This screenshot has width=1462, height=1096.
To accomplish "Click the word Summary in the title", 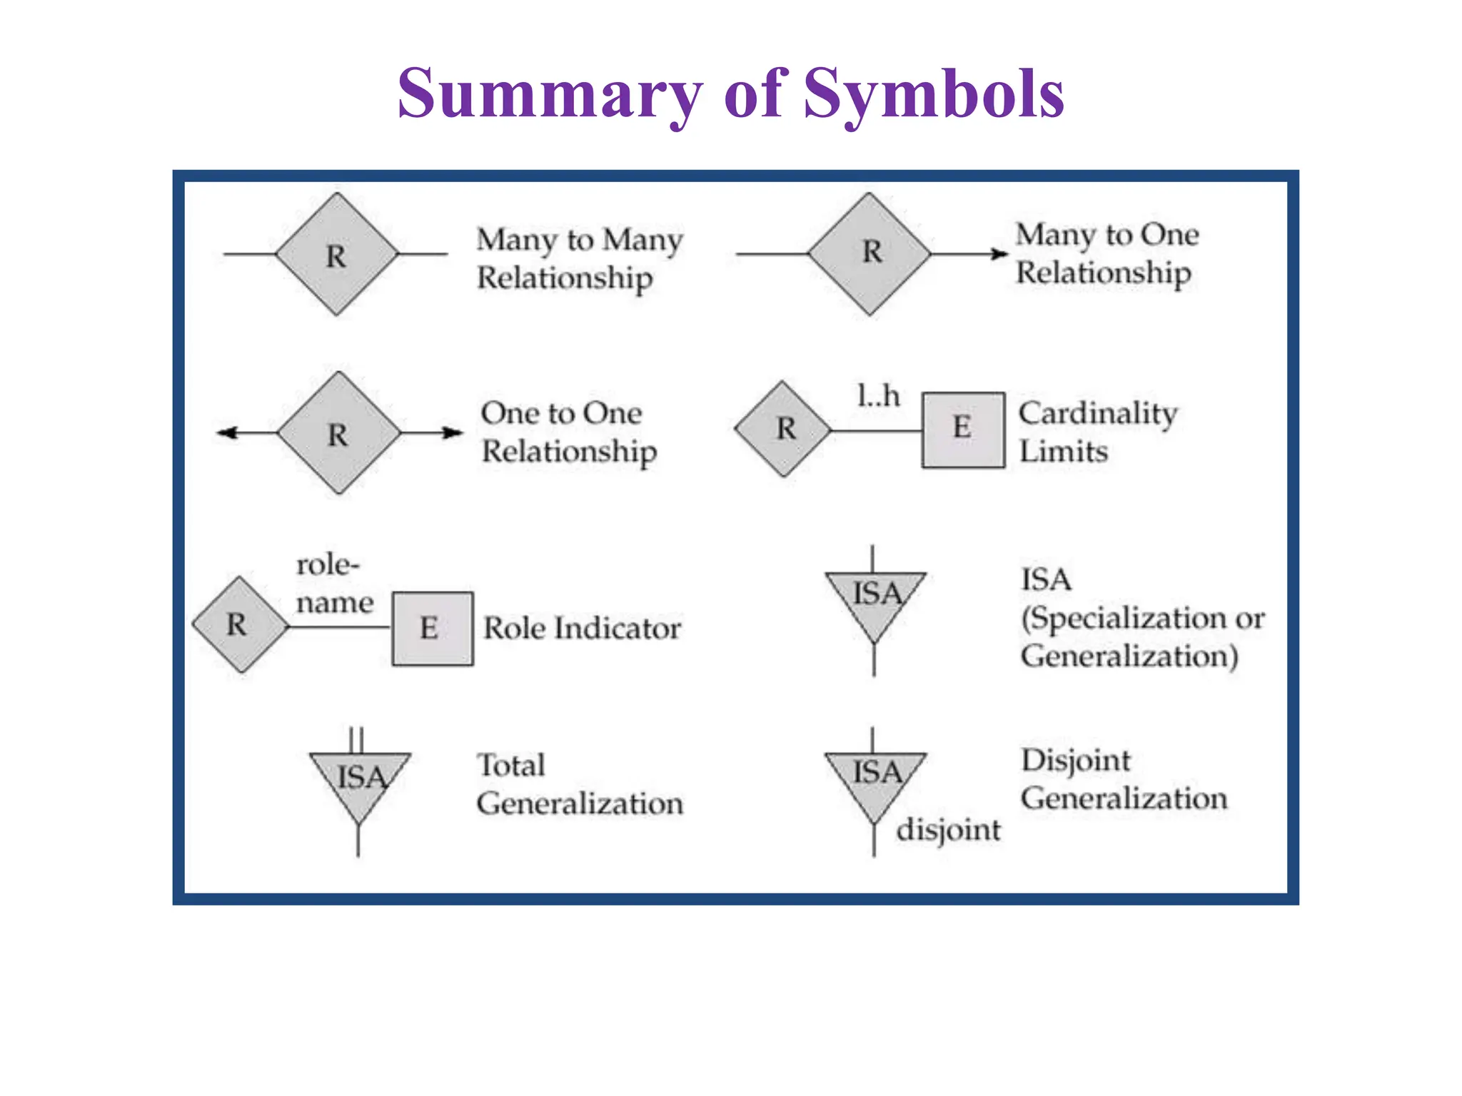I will (x=550, y=95).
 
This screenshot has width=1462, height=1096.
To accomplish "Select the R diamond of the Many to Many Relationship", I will (x=336, y=255).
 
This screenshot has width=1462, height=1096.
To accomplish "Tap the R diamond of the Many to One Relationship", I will (x=869, y=253).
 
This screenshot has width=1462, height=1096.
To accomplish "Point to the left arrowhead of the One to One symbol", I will (x=227, y=432).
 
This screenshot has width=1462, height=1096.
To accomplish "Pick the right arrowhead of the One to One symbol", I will (x=453, y=432).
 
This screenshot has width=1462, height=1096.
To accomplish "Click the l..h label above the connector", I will (x=878, y=395).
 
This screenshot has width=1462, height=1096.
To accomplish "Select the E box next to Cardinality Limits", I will (x=963, y=430).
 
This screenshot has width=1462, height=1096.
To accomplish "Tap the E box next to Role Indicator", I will (x=432, y=629).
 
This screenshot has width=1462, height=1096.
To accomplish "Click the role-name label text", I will (x=333, y=584).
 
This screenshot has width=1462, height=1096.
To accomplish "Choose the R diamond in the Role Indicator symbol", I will (x=240, y=625).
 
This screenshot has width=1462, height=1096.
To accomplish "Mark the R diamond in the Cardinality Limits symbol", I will (x=783, y=429).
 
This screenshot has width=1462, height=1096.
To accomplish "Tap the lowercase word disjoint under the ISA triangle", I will (x=948, y=831).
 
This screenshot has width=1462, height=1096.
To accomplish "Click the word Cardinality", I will (x=1097, y=414).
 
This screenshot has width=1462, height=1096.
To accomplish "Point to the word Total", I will (x=510, y=766).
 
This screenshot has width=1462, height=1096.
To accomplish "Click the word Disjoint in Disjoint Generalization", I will (x=1075, y=761).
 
